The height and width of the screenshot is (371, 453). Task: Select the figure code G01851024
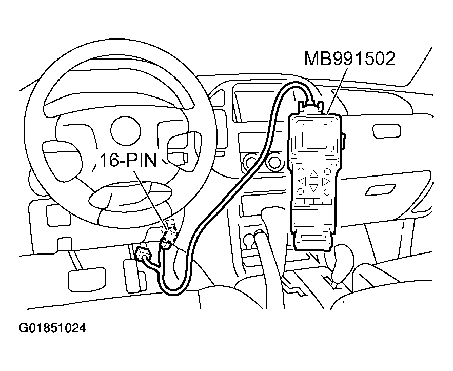tap(52, 327)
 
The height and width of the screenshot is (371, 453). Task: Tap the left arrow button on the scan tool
tap(302, 181)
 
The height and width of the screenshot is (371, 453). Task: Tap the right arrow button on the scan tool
tap(326, 181)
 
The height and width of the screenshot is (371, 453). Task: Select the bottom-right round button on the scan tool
tap(326, 191)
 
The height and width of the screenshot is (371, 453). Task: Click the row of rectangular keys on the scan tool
tap(314, 202)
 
